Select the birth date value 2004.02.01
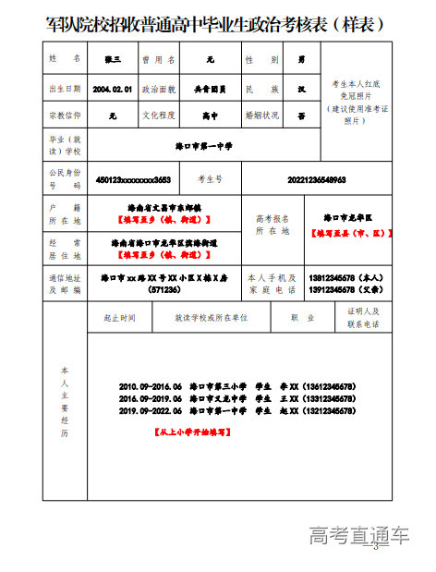(114, 89)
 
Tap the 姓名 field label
(65, 59)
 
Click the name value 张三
(114, 59)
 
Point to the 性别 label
(254, 59)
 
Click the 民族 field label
(254, 89)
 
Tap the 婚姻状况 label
(254, 117)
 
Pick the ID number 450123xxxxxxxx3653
(133, 179)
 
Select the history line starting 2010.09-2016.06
(237, 386)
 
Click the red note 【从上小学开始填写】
(192, 432)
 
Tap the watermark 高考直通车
(358, 534)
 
